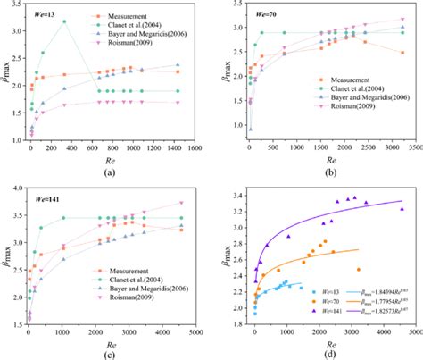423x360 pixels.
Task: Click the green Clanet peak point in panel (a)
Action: point(88,21)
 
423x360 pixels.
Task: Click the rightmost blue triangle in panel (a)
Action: point(178,64)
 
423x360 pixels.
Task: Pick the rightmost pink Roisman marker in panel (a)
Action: point(178,103)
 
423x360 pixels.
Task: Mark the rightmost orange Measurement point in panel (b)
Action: point(402,53)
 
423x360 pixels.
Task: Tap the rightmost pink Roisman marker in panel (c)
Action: point(182,203)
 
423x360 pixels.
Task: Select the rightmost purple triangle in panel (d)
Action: point(402,209)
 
